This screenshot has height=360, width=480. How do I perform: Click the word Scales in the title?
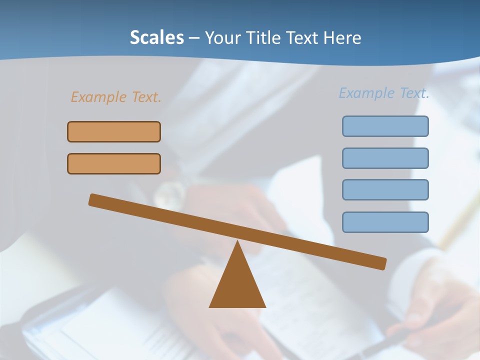pos(156,38)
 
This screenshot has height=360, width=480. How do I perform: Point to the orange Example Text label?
pos(116,97)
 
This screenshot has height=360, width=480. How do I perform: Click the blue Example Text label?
pos(384,93)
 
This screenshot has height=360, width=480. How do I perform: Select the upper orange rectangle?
pos(114,131)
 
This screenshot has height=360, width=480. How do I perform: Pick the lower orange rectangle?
pos(114,163)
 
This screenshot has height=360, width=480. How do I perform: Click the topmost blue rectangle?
pos(385,126)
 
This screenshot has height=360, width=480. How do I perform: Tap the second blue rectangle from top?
pos(385,158)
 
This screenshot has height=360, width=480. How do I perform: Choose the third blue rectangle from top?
pos(385,189)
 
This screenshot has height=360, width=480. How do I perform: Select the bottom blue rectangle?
pos(385,222)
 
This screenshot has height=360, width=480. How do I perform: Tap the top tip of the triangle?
pos(237,243)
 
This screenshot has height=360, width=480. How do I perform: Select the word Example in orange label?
pos(98,97)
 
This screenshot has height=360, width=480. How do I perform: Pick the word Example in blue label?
pos(366,93)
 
